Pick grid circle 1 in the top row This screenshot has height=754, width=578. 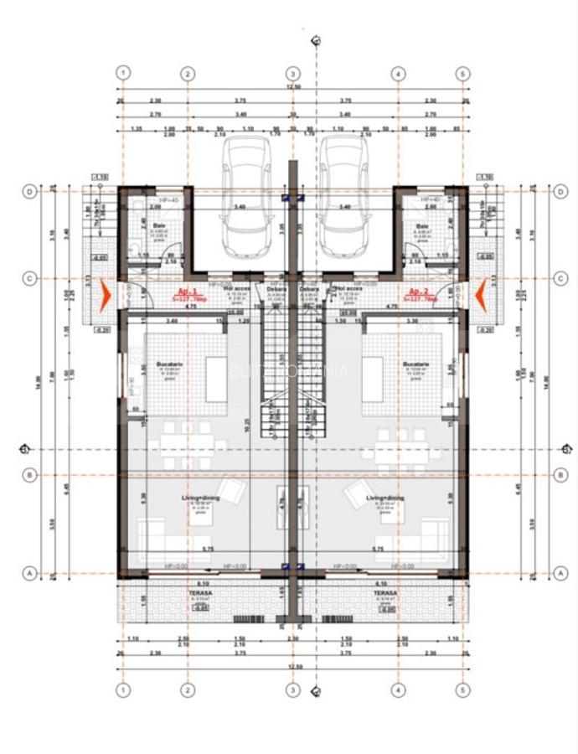124,73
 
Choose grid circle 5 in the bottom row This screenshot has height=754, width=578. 462,690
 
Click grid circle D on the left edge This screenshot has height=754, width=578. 29,192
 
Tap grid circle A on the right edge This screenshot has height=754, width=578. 560,573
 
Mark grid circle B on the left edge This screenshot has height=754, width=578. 29,475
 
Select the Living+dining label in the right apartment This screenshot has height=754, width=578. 385,498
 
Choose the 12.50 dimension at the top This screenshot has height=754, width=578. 292,86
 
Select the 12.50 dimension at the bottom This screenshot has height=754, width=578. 292,667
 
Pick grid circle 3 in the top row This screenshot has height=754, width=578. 292,73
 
